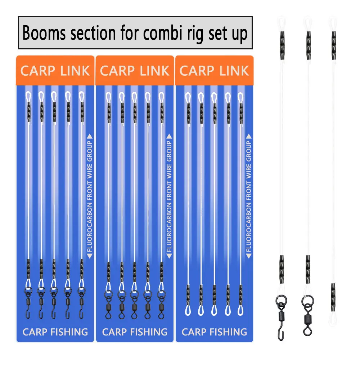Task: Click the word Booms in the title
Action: [x=44, y=33]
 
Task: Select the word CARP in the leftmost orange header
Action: [x=37, y=71]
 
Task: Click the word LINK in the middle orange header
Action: [x=154, y=71]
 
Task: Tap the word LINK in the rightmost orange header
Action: [x=234, y=71]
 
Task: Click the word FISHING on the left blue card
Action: [x=69, y=332]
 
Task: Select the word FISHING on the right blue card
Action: [x=228, y=332]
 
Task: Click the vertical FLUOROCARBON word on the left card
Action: [x=90, y=227]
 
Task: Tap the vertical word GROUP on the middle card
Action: [x=169, y=151]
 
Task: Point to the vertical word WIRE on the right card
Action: [x=249, y=172]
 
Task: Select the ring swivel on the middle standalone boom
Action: [x=308, y=315]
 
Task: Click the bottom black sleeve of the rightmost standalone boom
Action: [x=333, y=297]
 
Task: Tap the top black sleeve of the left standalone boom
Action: [x=282, y=45]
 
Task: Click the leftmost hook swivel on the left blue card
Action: [x=28, y=303]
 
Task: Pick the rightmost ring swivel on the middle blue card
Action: [x=161, y=305]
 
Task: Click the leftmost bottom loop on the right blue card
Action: [x=188, y=310]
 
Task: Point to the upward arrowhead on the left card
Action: [x=90, y=136]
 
